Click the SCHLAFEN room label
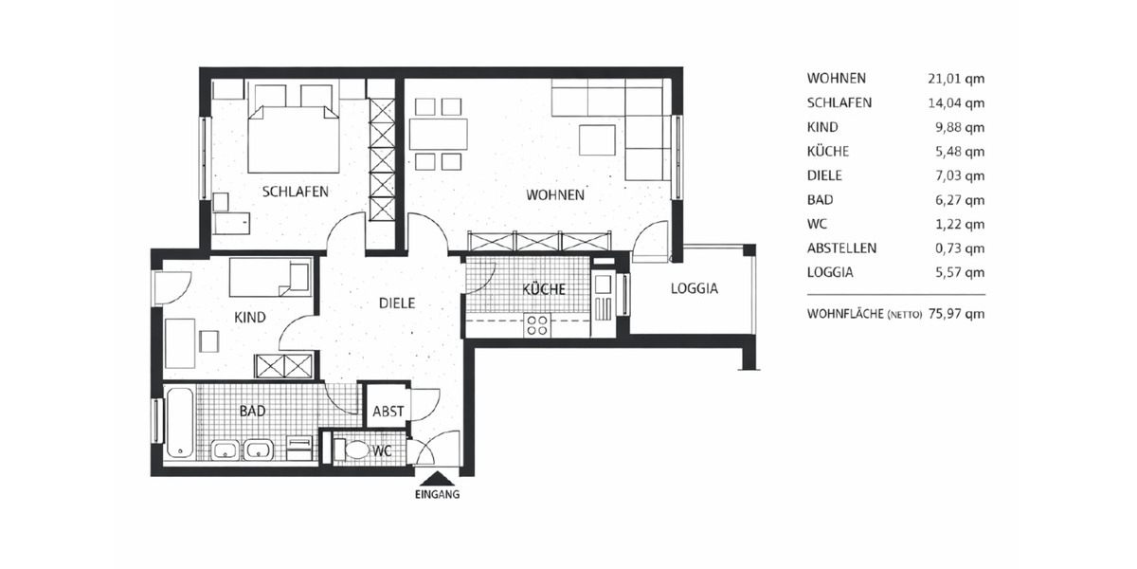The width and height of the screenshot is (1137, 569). (295, 192)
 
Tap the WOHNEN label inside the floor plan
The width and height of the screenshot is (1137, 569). (555, 195)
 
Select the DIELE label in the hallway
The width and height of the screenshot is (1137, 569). (397, 303)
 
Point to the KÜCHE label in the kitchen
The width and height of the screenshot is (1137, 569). (544, 289)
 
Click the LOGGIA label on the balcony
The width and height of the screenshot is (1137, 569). (694, 289)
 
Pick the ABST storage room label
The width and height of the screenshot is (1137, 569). (388, 412)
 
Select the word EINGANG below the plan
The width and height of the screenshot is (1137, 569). (437, 495)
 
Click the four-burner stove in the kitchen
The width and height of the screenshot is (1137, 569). (537, 325)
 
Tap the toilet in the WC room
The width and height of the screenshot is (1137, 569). (356, 449)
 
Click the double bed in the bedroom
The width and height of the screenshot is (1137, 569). (294, 138)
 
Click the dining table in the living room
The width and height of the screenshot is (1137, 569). (439, 134)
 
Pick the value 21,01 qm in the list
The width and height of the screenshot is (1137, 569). (956, 79)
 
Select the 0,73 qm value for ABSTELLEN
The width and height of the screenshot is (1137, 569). (959, 248)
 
